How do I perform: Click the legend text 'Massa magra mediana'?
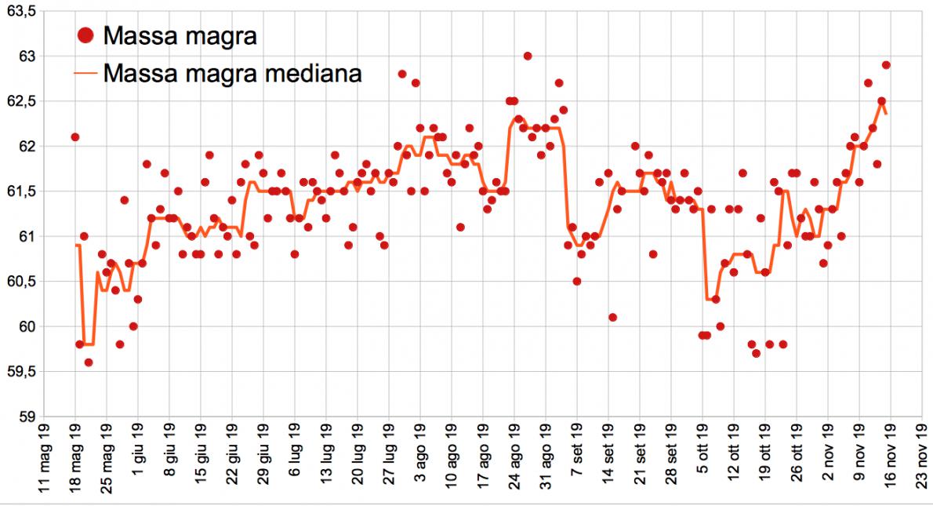(232, 74)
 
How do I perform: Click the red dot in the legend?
(87, 35)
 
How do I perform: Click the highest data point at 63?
(528, 56)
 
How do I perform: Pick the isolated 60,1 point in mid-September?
(612, 317)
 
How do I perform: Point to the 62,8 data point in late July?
(402, 74)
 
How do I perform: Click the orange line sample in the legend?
(87, 74)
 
